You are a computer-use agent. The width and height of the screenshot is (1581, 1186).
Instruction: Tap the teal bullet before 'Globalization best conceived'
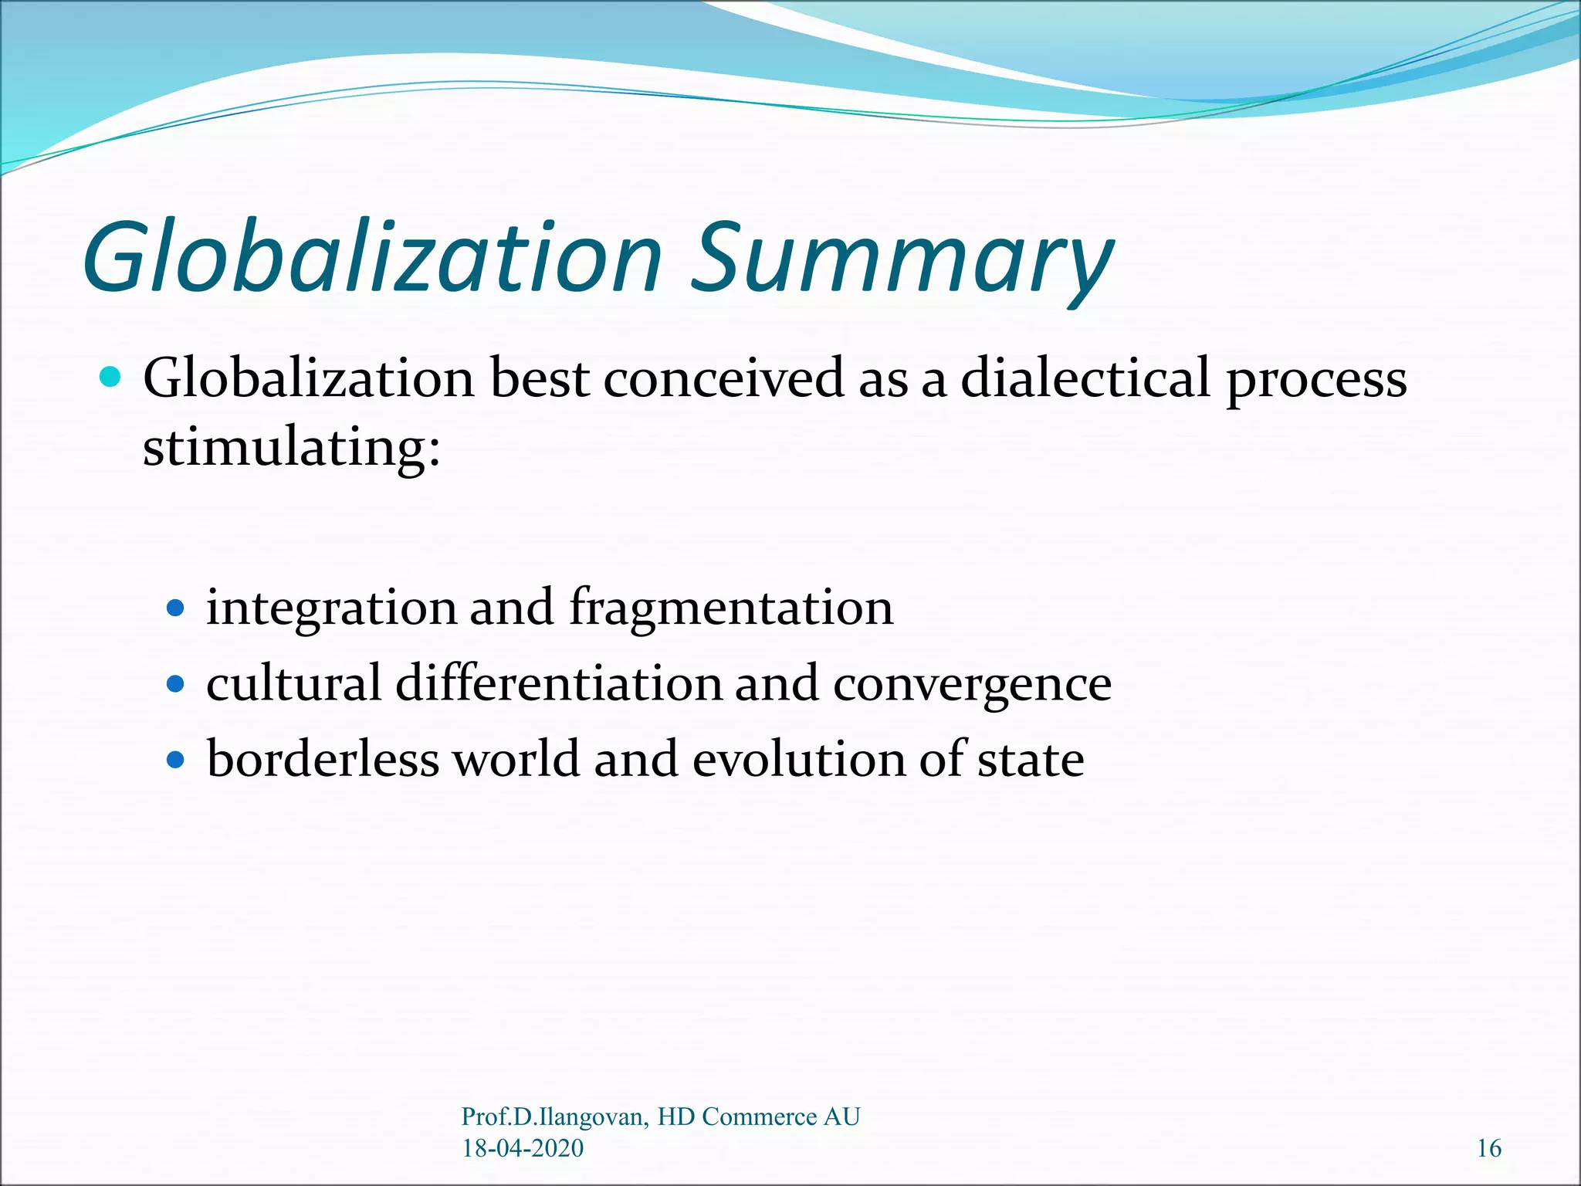click(111, 378)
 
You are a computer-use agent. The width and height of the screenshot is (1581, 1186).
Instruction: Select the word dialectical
click(1085, 379)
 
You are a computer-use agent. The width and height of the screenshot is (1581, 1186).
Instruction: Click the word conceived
click(723, 379)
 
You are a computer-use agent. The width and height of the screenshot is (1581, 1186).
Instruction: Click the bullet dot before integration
click(176, 608)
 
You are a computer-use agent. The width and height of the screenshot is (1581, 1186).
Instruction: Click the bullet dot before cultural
click(176, 684)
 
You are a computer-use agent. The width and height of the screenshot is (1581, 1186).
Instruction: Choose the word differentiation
click(558, 684)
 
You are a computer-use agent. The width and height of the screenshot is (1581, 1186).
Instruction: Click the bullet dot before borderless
click(176, 760)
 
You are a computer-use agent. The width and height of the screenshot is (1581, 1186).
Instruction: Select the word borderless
click(323, 758)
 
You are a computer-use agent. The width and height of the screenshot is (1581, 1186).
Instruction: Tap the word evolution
click(799, 758)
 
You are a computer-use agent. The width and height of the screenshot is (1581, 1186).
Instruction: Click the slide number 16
click(1489, 1148)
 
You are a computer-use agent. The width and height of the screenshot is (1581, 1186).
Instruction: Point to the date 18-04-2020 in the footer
click(523, 1148)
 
